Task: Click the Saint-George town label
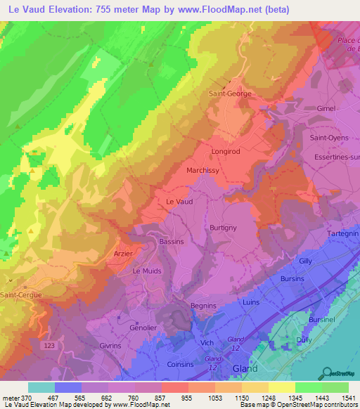pos(230,93)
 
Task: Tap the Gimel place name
pos(327,109)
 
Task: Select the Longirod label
pos(226,151)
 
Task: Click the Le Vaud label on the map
pos(179,201)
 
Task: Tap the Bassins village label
pos(172,242)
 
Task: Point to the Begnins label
pos(204,306)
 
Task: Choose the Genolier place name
pos(143,327)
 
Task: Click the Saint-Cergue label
pos(20,296)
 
